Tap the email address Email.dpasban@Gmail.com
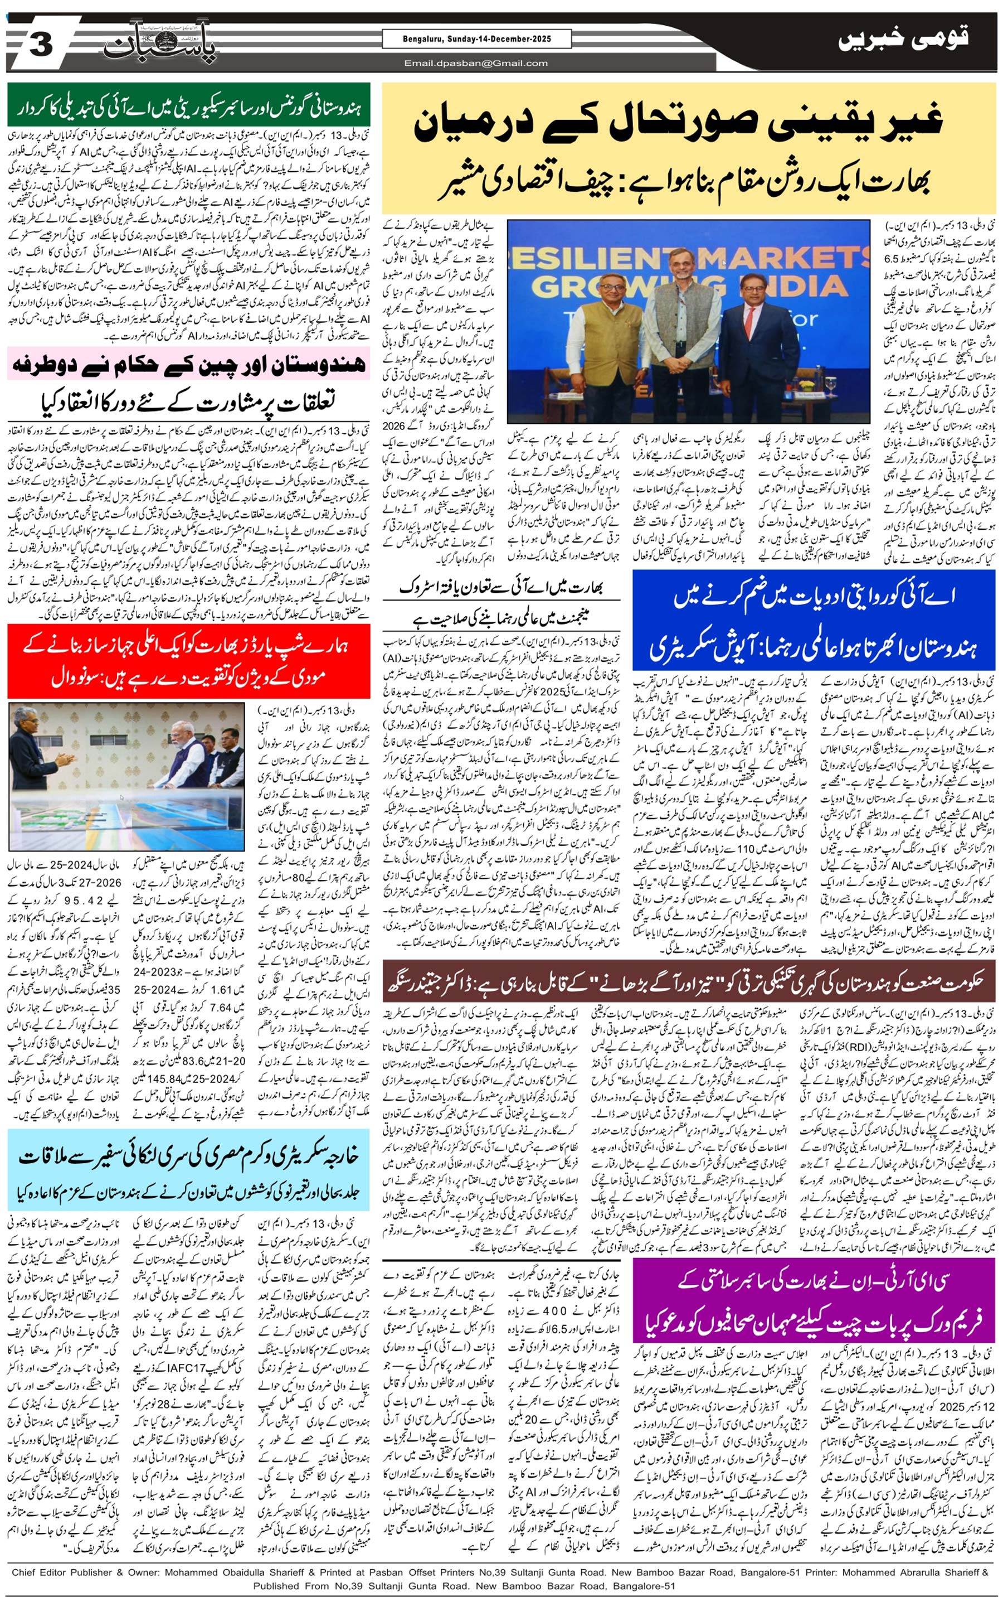[476, 64]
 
